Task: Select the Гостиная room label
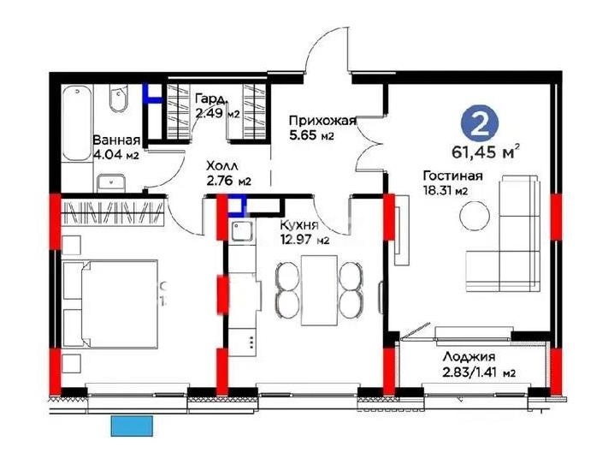[452, 176]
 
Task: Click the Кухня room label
[299, 225]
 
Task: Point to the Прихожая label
[322, 121]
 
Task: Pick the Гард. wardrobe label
[210, 98]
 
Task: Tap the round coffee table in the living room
[475, 215]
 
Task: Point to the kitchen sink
[239, 229]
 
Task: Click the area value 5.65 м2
[310, 135]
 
